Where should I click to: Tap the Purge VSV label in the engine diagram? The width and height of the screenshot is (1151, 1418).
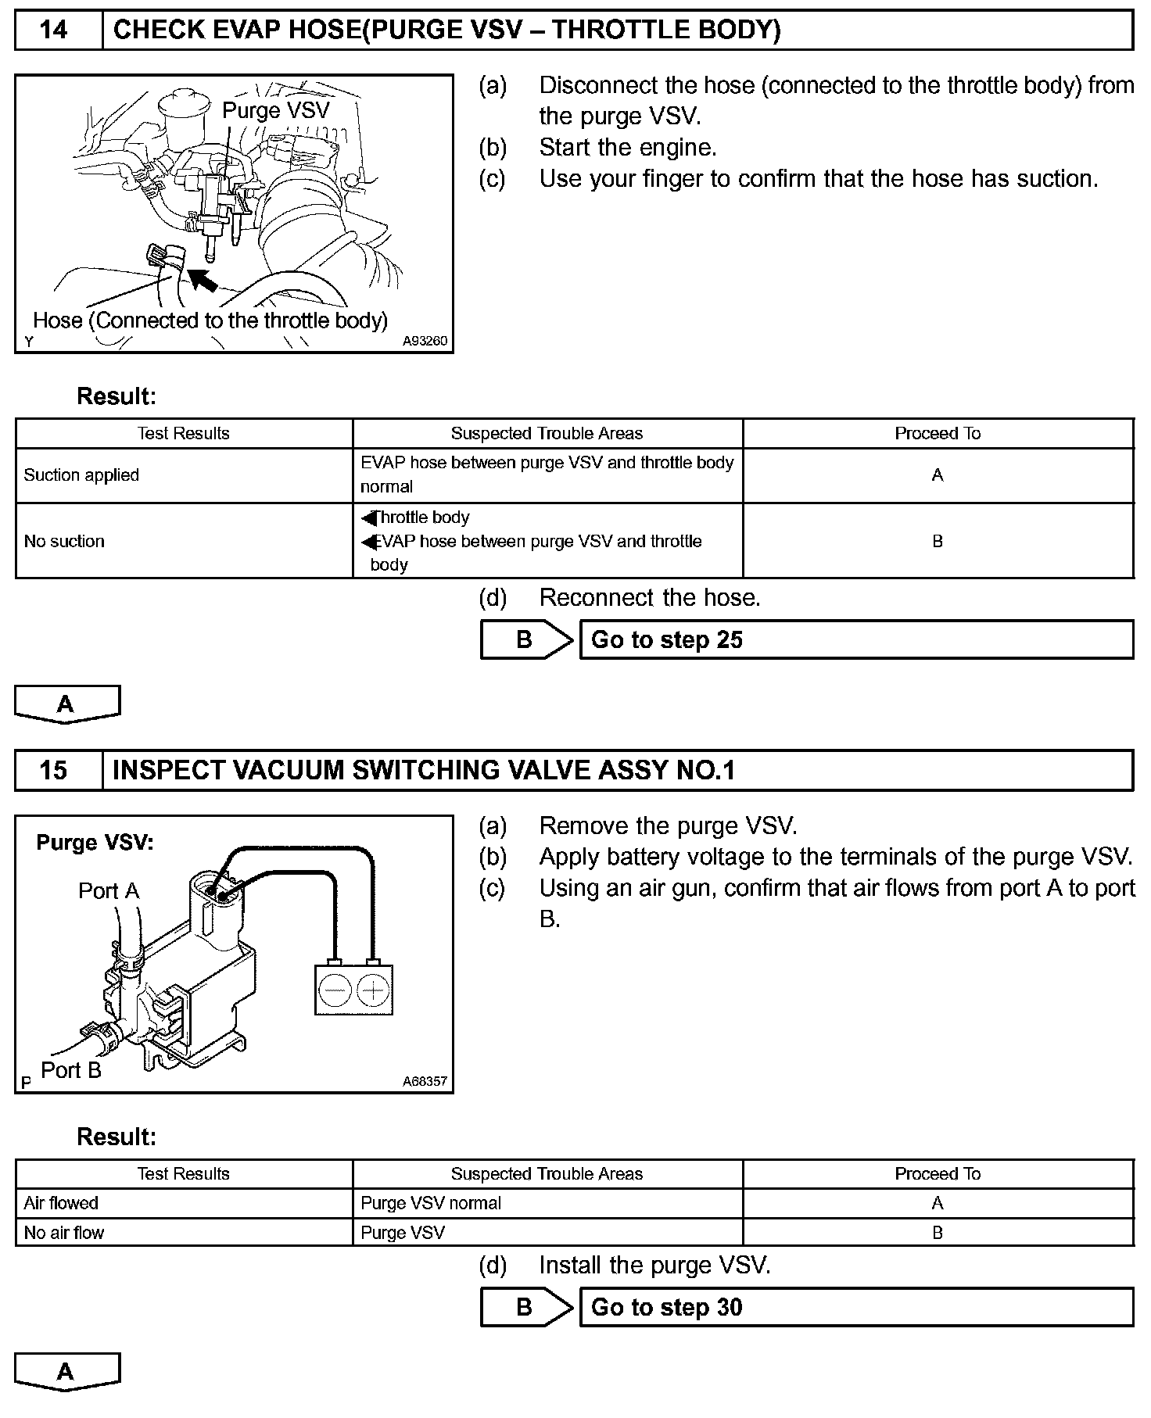point(276,110)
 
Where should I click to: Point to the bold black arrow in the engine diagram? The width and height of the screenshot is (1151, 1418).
point(203,278)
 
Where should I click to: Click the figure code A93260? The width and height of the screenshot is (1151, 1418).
point(425,342)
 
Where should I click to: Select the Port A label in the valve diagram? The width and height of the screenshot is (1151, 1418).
point(109,890)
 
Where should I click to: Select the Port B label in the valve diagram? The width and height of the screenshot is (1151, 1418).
point(71,1070)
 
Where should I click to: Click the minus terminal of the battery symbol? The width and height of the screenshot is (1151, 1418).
point(335,990)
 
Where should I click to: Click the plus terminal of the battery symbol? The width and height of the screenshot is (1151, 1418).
point(373,990)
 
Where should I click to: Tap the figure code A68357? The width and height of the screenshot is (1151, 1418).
point(425,1081)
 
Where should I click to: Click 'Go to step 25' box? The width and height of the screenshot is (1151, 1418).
point(856,640)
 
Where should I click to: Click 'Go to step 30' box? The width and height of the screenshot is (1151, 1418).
point(856,1307)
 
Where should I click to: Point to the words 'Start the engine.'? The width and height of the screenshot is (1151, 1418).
point(628,148)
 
